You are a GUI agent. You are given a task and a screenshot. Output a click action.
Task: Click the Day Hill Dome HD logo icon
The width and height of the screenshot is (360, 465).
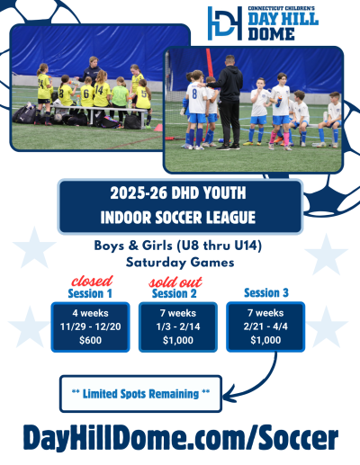[224, 22]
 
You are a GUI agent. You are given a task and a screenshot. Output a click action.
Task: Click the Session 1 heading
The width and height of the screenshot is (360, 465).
[91, 292]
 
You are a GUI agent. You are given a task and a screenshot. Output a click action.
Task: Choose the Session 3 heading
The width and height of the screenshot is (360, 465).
[266, 292]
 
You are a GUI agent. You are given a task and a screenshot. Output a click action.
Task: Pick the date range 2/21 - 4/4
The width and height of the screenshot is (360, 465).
[266, 326]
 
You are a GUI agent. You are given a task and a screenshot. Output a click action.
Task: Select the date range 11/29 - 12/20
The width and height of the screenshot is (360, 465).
[91, 326]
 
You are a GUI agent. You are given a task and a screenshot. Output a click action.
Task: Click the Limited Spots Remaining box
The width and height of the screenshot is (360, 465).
[142, 391]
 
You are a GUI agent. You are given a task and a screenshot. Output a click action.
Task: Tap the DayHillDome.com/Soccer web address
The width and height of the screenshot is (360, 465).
[181, 438]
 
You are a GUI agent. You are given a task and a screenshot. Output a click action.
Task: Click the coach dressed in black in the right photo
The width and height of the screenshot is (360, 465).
[229, 94]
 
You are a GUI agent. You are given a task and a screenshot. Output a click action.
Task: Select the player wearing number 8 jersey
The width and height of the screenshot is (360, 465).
[195, 108]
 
